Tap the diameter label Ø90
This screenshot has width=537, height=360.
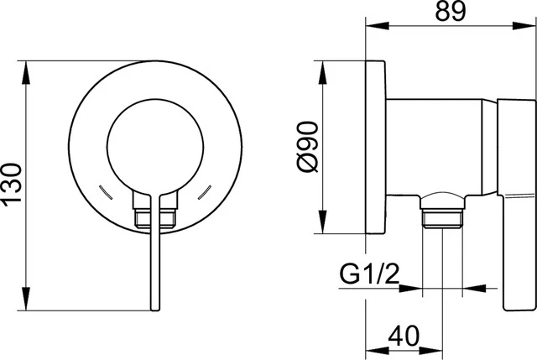[307, 146]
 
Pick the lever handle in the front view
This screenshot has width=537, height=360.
[154, 252]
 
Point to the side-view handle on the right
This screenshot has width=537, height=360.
[515, 201]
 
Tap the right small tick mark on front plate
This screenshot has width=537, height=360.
[203, 191]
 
